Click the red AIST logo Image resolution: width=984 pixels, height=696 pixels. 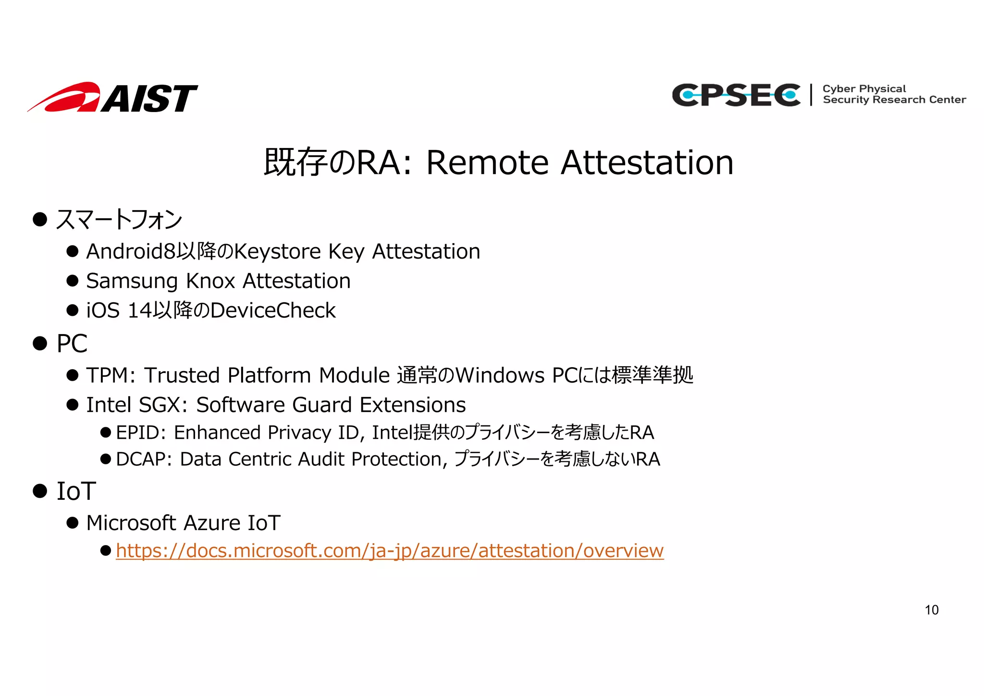pos(112,98)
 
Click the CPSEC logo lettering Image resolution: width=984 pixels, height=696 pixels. pos(736,95)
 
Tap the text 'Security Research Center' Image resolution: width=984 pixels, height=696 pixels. pos(894,100)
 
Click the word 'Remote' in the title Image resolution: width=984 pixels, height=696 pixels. pos(487,162)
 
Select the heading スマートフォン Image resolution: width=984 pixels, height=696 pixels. pos(119,220)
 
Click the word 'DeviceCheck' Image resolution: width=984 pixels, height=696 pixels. pos(273,311)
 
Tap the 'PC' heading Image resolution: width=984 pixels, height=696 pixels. pos(72,344)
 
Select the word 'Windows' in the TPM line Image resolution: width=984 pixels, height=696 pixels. pos(500,375)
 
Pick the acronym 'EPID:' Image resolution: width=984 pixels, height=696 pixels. pos(141,433)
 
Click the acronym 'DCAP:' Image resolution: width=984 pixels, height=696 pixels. pos(144,460)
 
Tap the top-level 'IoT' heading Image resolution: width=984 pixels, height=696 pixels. pos(76,491)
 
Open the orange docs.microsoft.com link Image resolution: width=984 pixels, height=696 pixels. pos(389,551)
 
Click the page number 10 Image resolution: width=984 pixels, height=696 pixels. pos(931,610)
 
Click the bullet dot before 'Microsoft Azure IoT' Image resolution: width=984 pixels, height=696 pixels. pos(73,523)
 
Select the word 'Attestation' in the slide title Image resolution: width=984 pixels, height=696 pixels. pos(647,162)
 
